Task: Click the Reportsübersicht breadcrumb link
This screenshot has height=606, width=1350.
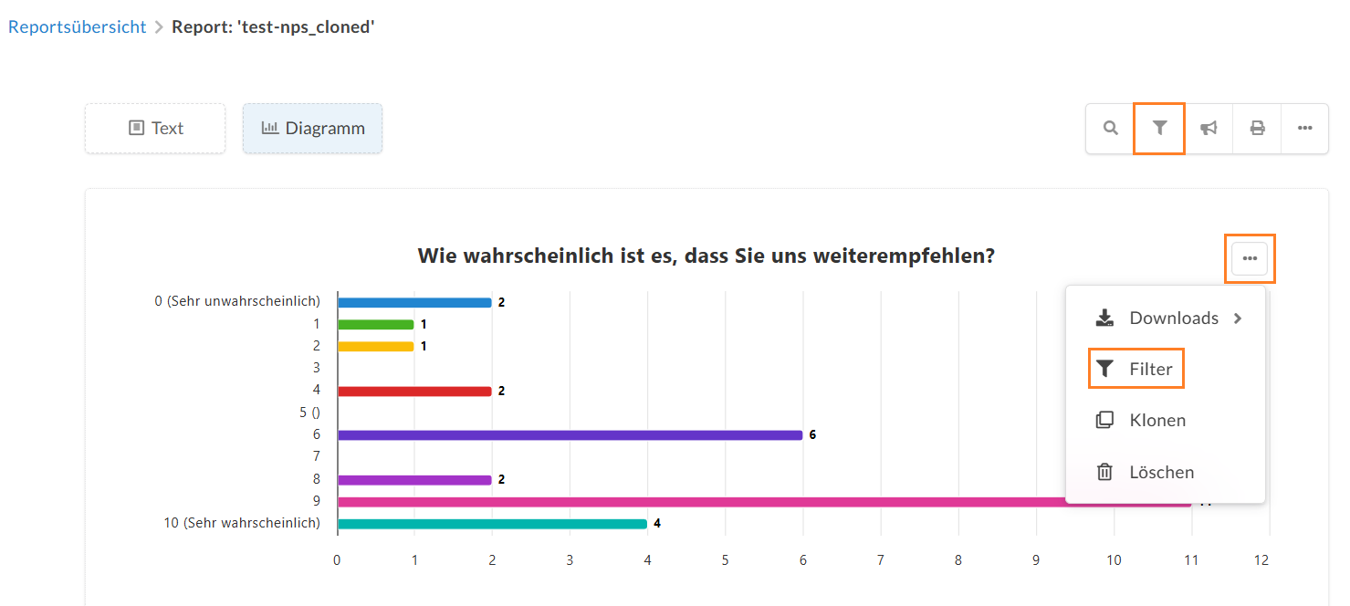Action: click(x=78, y=27)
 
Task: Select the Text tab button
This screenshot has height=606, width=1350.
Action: click(x=155, y=129)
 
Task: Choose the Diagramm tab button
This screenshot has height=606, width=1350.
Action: click(x=313, y=129)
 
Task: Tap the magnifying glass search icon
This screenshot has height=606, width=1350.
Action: click(x=1110, y=129)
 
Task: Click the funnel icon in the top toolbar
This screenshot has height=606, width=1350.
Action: click(x=1159, y=128)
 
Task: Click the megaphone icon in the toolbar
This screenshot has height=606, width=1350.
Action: click(x=1209, y=129)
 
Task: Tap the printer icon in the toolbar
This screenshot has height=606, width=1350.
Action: click(x=1257, y=129)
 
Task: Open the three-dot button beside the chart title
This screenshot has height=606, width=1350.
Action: click(x=1250, y=258)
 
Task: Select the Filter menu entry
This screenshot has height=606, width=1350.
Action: click(x=1135, y=369)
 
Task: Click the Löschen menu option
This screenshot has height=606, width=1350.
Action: click(x=1145, y=472)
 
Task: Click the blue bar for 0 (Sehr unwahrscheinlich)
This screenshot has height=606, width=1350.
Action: click(x=414, y=302)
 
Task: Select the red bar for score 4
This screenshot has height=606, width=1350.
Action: click(x=414, y=391)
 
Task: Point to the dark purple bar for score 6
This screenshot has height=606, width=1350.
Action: click(x=570, y=435)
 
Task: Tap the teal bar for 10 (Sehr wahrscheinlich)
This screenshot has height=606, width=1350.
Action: click(x=492, y=524)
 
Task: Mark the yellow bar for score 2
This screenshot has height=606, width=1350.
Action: click(x=376, y=347)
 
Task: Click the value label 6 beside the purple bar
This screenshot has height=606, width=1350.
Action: click(x=812, y=435)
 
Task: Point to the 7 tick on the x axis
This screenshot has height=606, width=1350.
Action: click(x=881, y=560)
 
